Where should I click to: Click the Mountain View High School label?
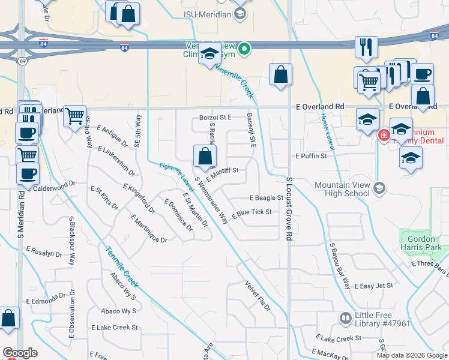(x=342, y=189)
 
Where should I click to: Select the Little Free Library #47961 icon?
(x=346, y=318)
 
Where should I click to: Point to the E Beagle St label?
(x=266, y=197)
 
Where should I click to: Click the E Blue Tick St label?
(x=252, y=212)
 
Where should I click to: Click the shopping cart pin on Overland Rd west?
(x=74, y=115)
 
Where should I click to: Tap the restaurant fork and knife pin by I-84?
(x=366, y=47)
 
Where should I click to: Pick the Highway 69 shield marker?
(x=22, y=61)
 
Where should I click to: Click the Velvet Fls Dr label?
(x=258, y=296)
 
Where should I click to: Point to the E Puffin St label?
(x=310, y=156)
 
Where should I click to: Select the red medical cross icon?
(x=382, y=136)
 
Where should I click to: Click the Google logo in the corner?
(x=19, y=353)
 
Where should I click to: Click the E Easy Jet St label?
(x=373, y=286)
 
